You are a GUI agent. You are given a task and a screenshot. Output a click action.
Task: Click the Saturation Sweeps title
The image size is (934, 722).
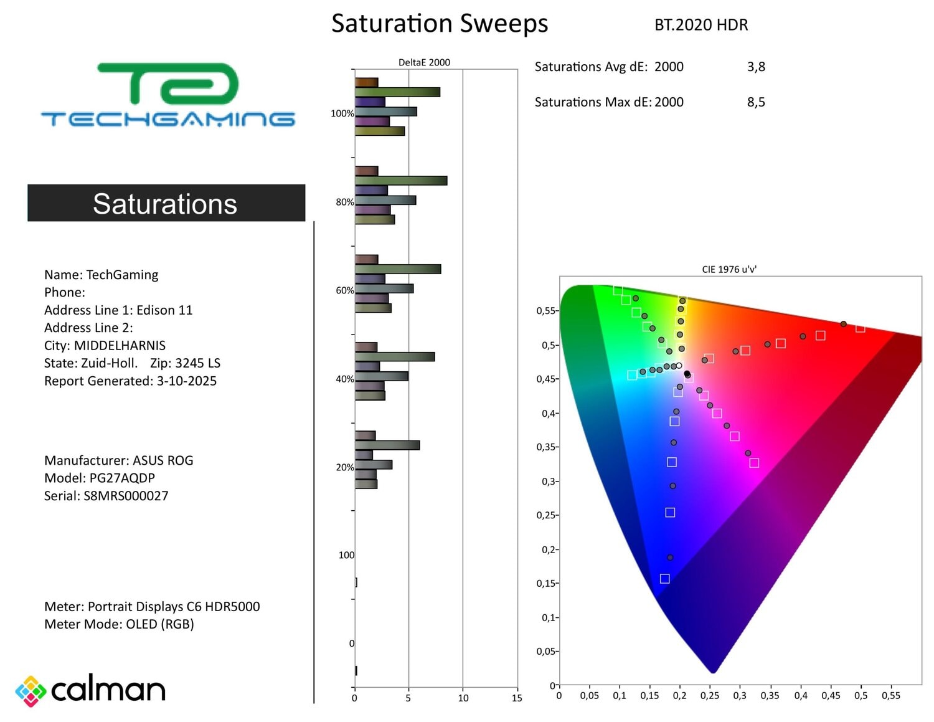tap(439, 24)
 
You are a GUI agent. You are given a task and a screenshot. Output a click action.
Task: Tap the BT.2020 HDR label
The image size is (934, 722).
tap(700, 25)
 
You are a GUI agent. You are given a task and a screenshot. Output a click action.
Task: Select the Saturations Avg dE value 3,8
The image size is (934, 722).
tap(756, 67)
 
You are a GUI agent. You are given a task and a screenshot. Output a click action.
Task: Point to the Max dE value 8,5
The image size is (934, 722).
tap(756, 102)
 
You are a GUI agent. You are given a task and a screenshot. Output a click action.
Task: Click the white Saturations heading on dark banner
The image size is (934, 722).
tap(165, 204)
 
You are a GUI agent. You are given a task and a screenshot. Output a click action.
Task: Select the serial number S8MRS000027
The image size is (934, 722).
tap(126, 496)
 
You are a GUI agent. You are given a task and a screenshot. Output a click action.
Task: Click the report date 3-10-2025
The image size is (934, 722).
tap(186, 381)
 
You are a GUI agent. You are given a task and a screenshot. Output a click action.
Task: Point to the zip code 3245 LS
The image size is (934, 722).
tap(197, 363)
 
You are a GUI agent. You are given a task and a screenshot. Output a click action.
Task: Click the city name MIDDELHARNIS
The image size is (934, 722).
tap(120, 345)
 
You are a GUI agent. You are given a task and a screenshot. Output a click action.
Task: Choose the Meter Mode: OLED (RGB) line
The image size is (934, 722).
tap(119, 624)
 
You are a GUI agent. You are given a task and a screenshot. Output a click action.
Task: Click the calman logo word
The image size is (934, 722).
tap(108, 690)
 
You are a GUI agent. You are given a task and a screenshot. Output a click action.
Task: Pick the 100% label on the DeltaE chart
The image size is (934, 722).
tap(342, 113)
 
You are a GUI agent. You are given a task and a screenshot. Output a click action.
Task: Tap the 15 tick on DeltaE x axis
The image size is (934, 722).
tap(517, 698)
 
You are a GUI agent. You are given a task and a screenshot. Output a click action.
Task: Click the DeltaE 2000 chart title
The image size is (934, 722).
tap(424, 62)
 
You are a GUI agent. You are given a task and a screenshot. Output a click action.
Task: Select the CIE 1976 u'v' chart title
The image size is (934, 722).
tap(729, 269)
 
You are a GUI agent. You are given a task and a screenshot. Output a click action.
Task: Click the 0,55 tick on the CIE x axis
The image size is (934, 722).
tap(890, 695)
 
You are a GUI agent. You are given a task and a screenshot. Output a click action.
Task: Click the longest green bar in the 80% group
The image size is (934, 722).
tap(401, 181)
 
